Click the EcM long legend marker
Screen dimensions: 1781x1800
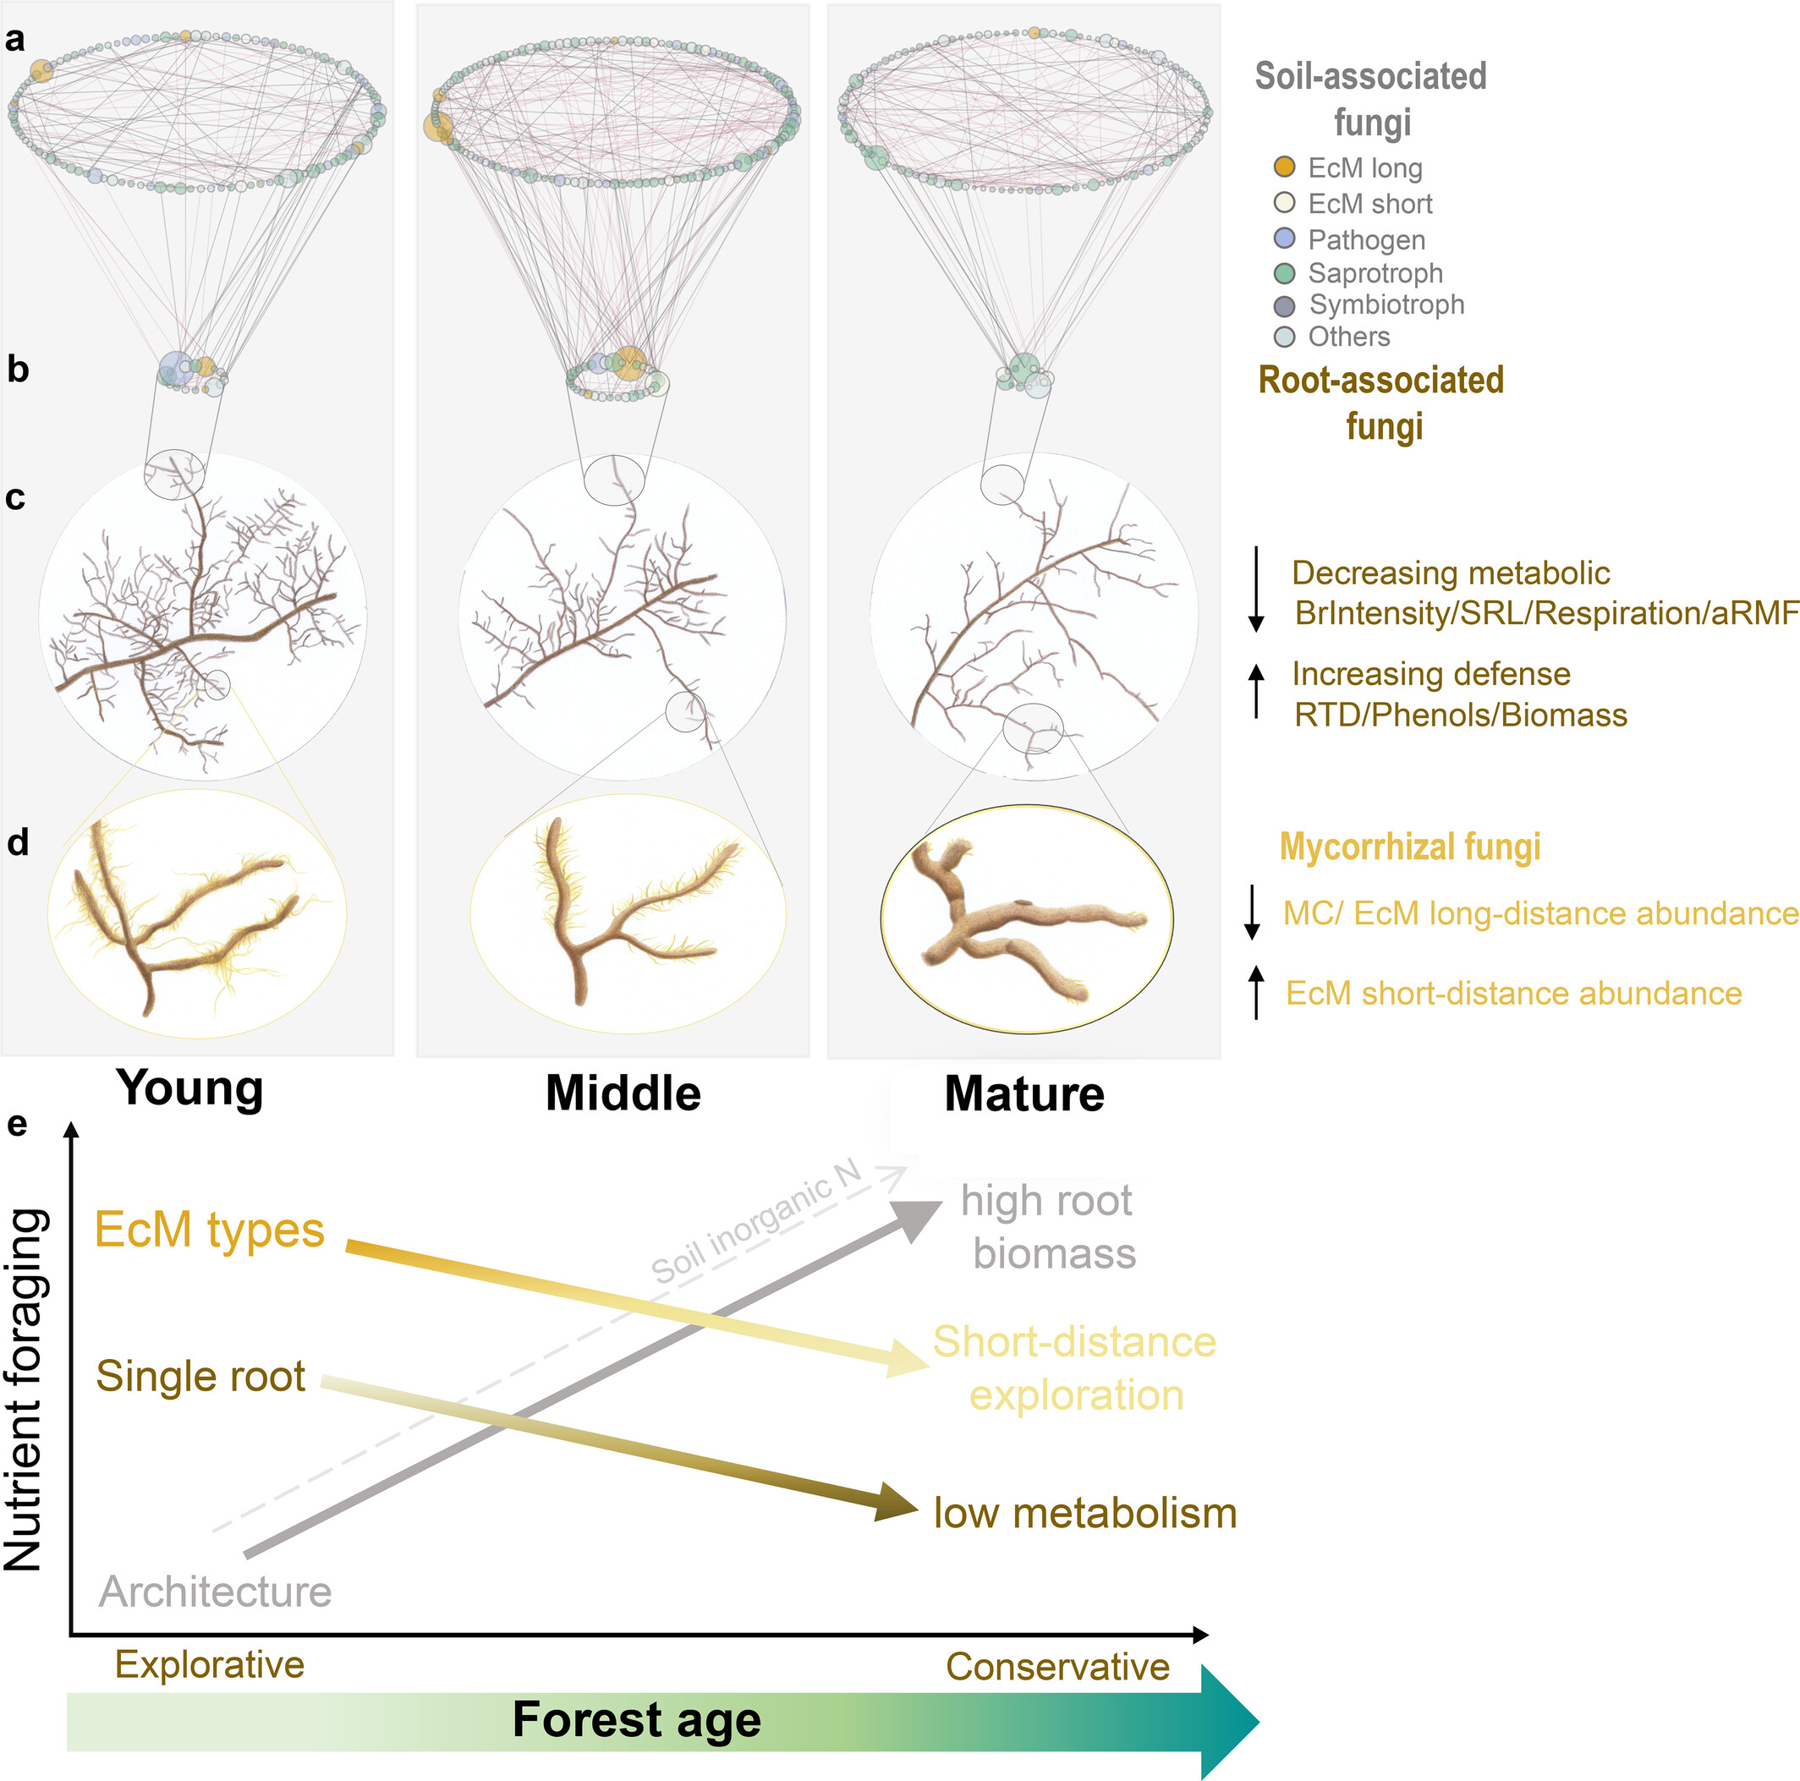[1284, 167]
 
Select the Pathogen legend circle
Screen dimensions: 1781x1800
[1284, 238]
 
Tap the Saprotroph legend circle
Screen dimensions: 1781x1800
[1284, 273]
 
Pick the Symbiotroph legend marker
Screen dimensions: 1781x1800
[1284, 306]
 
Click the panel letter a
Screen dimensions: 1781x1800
[15, 40]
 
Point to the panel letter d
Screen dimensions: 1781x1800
[18, 843]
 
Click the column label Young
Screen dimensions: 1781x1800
[189, 1088]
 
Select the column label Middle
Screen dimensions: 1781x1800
[623, 1093]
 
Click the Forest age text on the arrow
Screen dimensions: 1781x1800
[636, 1719]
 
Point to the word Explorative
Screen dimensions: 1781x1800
[210, 1664]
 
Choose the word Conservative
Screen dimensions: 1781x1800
[1057, 1667]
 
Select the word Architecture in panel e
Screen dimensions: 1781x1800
[215, 1592]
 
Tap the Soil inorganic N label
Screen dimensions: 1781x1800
[755, 1223]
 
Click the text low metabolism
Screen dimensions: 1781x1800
[1084, 1514]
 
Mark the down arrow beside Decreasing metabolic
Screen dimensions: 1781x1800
[1256, 589]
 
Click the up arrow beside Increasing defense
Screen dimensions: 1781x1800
[1256, 690]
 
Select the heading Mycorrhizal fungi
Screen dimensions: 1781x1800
[1408, 847]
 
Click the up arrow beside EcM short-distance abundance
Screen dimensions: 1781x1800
[1256, 992]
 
